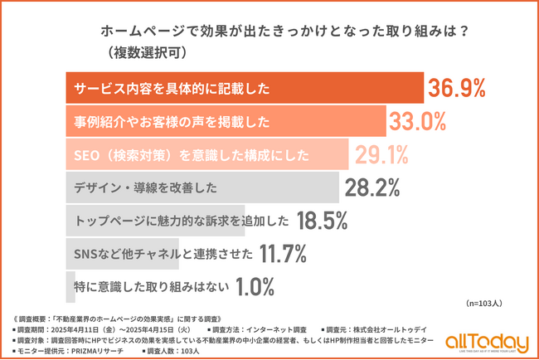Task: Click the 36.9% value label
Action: tap(456, 88)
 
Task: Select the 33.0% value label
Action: tap(418, 121)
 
